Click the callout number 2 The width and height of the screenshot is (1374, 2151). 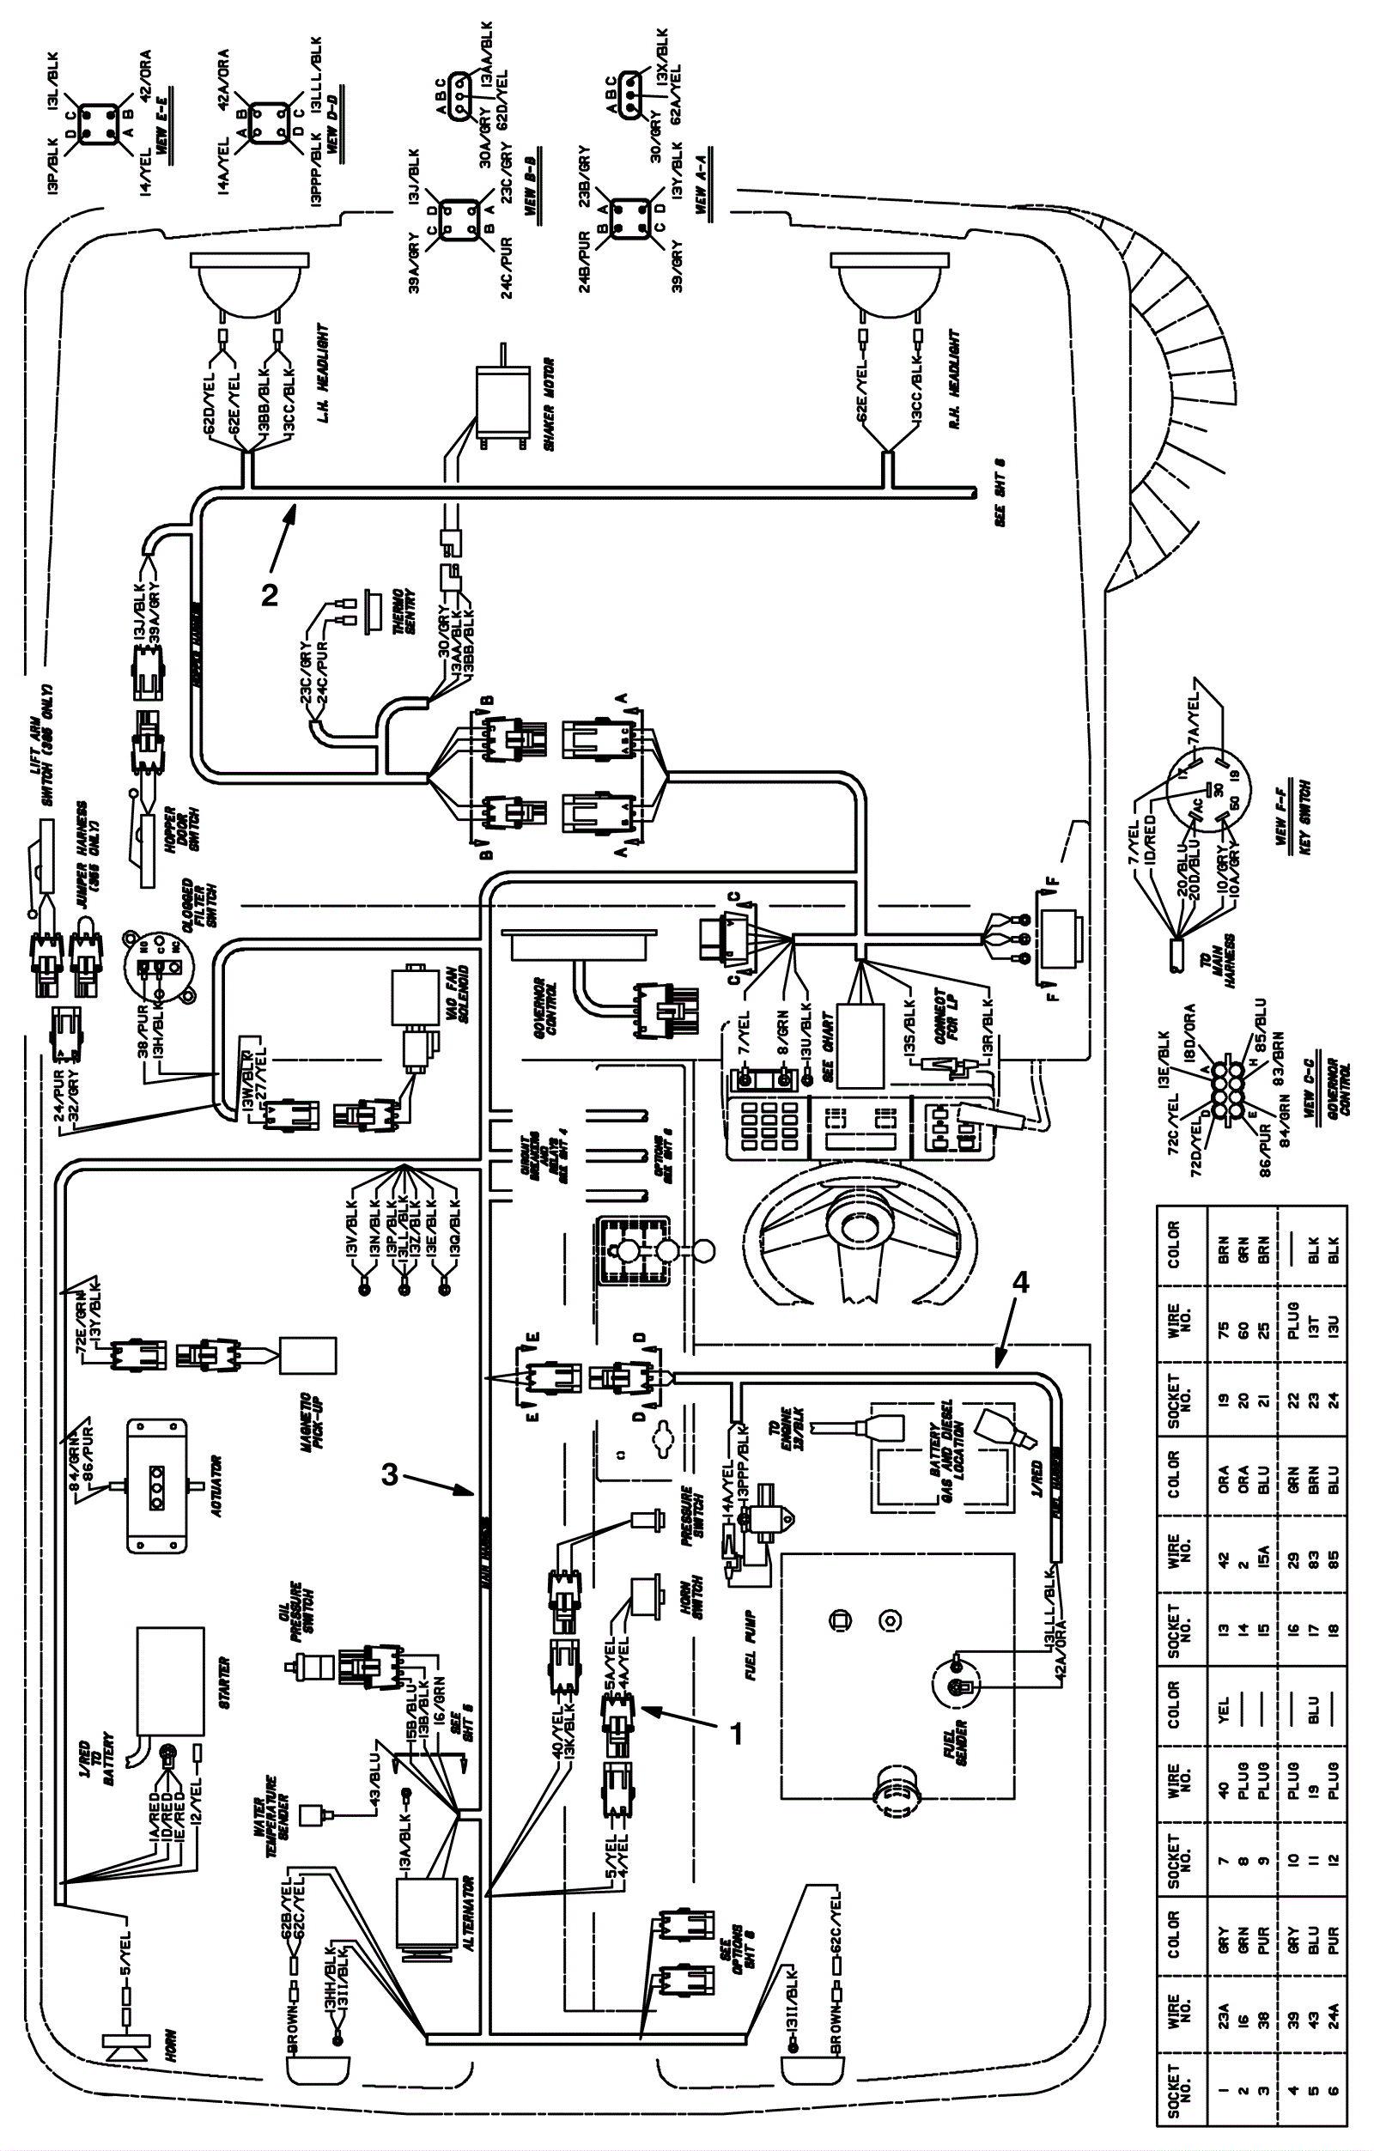click(x=269, y=595)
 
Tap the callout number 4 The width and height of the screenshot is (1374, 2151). click(x=1019, y=1283)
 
